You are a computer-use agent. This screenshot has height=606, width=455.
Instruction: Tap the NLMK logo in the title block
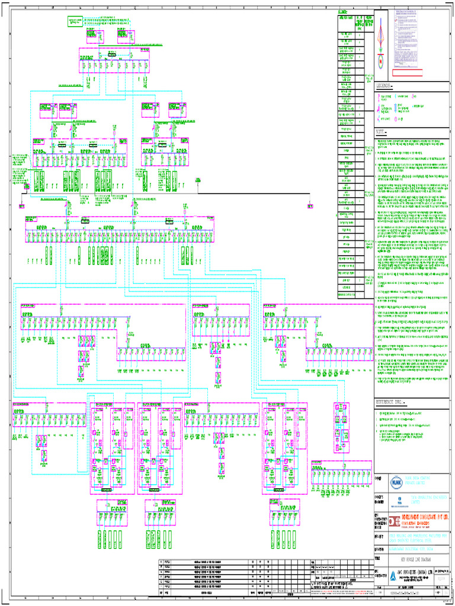click(x=396, y=483)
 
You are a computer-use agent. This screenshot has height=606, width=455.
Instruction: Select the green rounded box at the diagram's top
click(x=75, y=21)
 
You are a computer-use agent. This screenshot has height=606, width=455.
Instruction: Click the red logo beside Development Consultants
click(x=396, y=521)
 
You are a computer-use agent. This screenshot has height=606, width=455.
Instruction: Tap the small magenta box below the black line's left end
click(x=21, y=207)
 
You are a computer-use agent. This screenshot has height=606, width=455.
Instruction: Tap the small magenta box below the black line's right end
click(x=310, y=207)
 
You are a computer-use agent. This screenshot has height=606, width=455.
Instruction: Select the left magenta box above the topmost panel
click(x=91, y=34)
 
